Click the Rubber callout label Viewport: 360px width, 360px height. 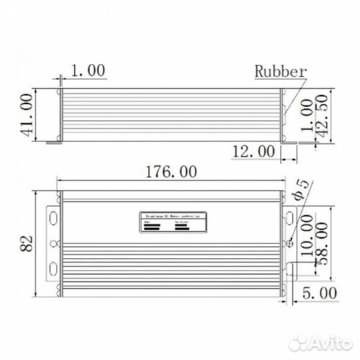point(280,71)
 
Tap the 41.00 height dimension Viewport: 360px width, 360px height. point(27,115)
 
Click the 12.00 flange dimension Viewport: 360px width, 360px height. point(253,151)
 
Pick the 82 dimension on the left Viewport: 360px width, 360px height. point(27,244)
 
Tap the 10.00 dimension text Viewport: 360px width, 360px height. point(307,234)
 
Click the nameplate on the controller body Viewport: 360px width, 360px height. point(173,222)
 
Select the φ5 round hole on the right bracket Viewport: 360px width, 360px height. point(289,243)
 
